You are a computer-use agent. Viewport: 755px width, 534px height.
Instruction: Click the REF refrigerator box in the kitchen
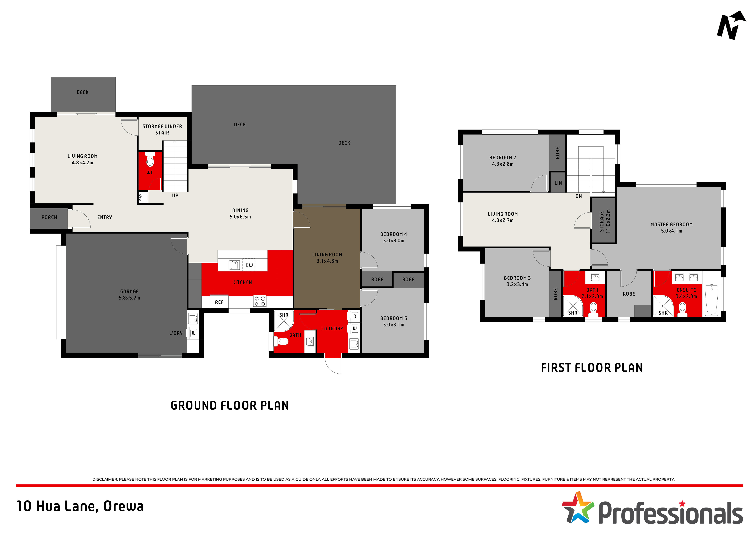219,302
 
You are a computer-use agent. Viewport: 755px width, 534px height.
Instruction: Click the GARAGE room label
129,292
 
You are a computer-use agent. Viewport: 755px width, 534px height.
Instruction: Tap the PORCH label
49,218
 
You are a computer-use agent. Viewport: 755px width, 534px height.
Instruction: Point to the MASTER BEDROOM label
671,224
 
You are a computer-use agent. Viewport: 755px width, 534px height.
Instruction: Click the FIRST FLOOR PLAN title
592,367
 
